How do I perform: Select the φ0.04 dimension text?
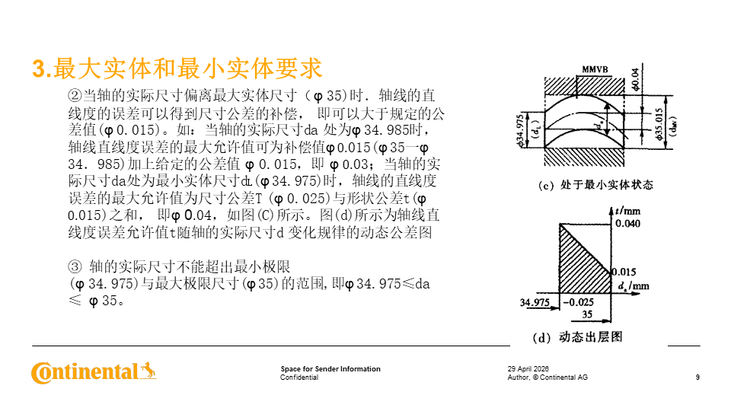click(637, 79)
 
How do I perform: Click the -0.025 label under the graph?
click(576, 302)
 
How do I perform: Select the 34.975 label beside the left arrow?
click(535, 302)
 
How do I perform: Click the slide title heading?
click(177, 68)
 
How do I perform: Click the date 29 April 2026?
click(528, 369)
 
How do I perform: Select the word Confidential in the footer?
click(299, 378)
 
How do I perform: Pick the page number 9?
click(697, 378)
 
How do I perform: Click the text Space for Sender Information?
click(330, 369)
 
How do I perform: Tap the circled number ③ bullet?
click(74, 266)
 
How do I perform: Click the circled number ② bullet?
click(74, 96)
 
